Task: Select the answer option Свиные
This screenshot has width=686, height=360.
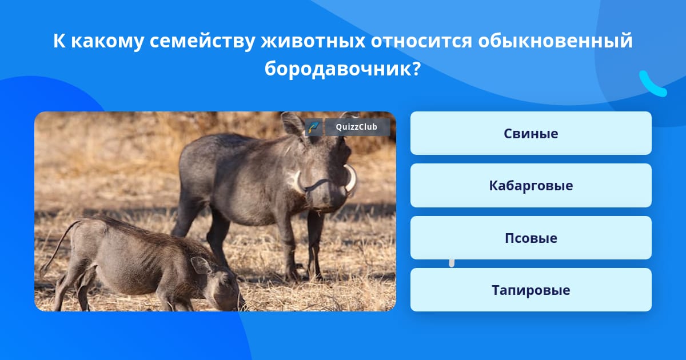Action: [531, 133]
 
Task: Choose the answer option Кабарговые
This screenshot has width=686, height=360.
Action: [531, 186]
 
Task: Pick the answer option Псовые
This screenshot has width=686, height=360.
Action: [531, 238]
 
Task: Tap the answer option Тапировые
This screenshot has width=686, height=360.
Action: [531, 290]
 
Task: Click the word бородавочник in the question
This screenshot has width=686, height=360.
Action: [338, 69]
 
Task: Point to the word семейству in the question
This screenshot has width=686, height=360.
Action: [202, 41]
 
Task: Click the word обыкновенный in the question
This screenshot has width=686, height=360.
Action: [555, 41]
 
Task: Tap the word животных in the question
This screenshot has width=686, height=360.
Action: [313, 41]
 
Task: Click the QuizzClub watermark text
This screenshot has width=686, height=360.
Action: [357, 127]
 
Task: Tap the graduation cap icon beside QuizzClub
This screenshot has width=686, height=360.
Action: [314, 127]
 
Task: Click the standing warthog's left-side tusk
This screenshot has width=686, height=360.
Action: [297, 181]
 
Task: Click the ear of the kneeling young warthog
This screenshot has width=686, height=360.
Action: [200, 265]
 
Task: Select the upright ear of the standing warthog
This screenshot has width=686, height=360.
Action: [293, 124]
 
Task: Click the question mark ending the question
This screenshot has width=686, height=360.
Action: [417, 69]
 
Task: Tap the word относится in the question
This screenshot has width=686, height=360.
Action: [421, 41]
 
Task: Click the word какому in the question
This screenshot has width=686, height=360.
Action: [107, 41]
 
